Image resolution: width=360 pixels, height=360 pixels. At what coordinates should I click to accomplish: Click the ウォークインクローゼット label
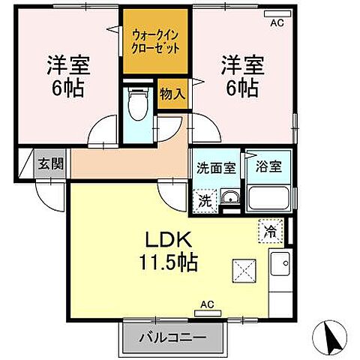157,40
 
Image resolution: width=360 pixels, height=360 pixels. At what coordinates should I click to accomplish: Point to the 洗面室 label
215,166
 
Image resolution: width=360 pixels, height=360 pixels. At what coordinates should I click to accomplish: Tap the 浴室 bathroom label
268,166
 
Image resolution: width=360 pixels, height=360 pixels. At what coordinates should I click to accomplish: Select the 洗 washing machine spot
205,200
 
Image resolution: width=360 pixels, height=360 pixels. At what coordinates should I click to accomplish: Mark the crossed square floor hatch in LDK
243,269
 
